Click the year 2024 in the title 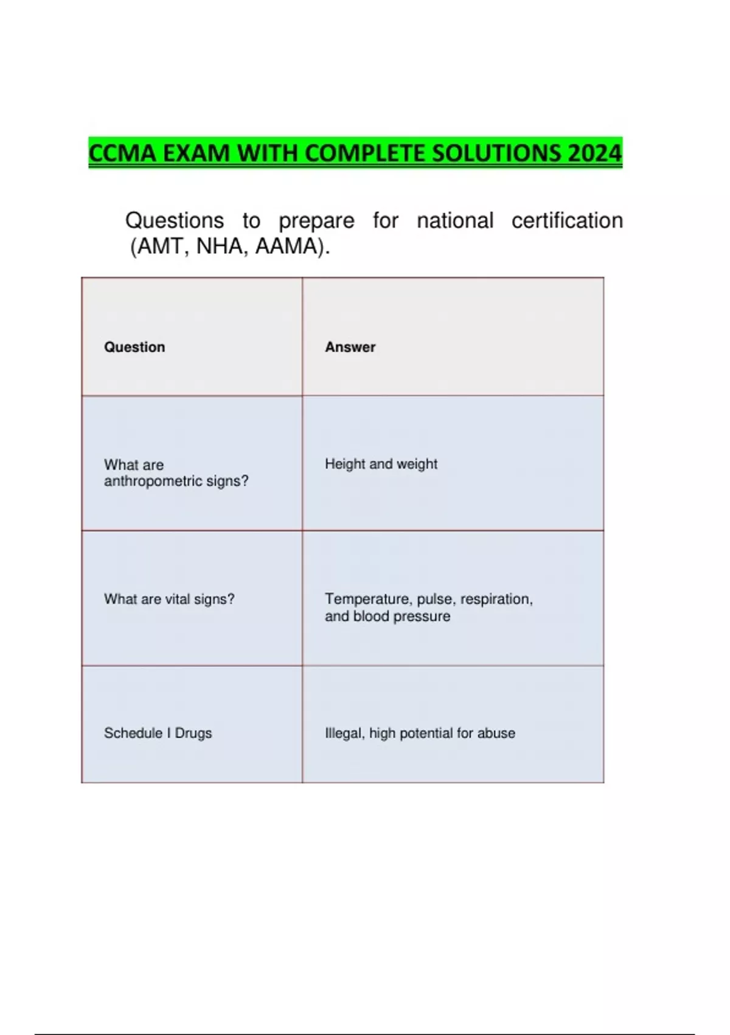coord(594,153)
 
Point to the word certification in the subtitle coord(567,220)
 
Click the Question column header coord(134,347)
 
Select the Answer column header coord(350,347)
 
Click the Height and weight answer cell coord(381,464)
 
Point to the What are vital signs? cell coord(169,599)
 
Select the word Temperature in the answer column coord(368,599)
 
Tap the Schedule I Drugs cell coord(158,733)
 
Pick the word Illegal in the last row coord(344,733)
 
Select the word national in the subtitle coord(454,220)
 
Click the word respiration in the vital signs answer coord(496,599)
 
